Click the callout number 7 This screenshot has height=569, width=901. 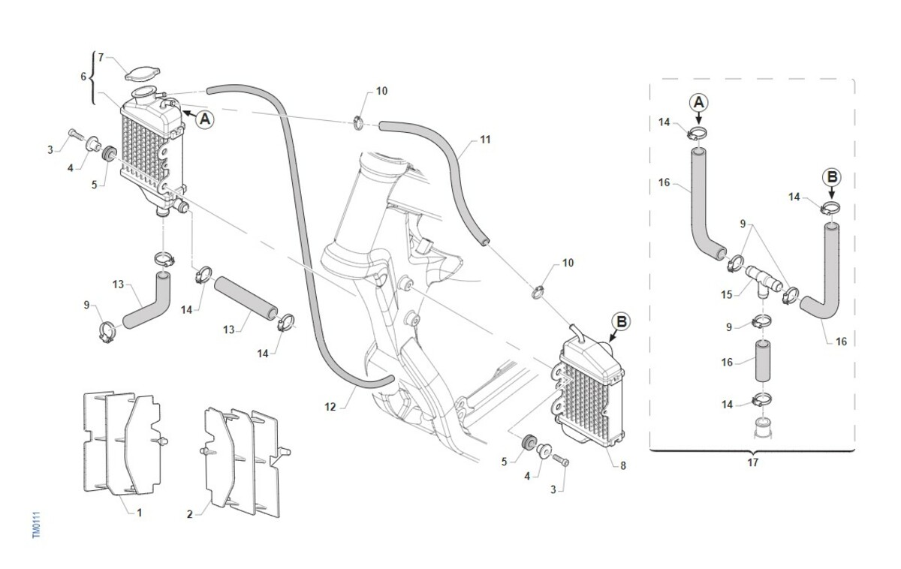coord(101,56)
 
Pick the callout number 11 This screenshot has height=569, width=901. coord(484,140)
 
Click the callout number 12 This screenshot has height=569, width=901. coord(330,407)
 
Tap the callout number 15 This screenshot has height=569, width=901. coord(726,294)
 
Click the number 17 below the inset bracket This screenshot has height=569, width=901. coord(753,462)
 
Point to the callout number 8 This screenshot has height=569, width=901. coord(622,465)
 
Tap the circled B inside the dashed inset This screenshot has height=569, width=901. coord(831,177)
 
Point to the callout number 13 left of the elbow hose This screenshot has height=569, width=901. coord(117,285)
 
